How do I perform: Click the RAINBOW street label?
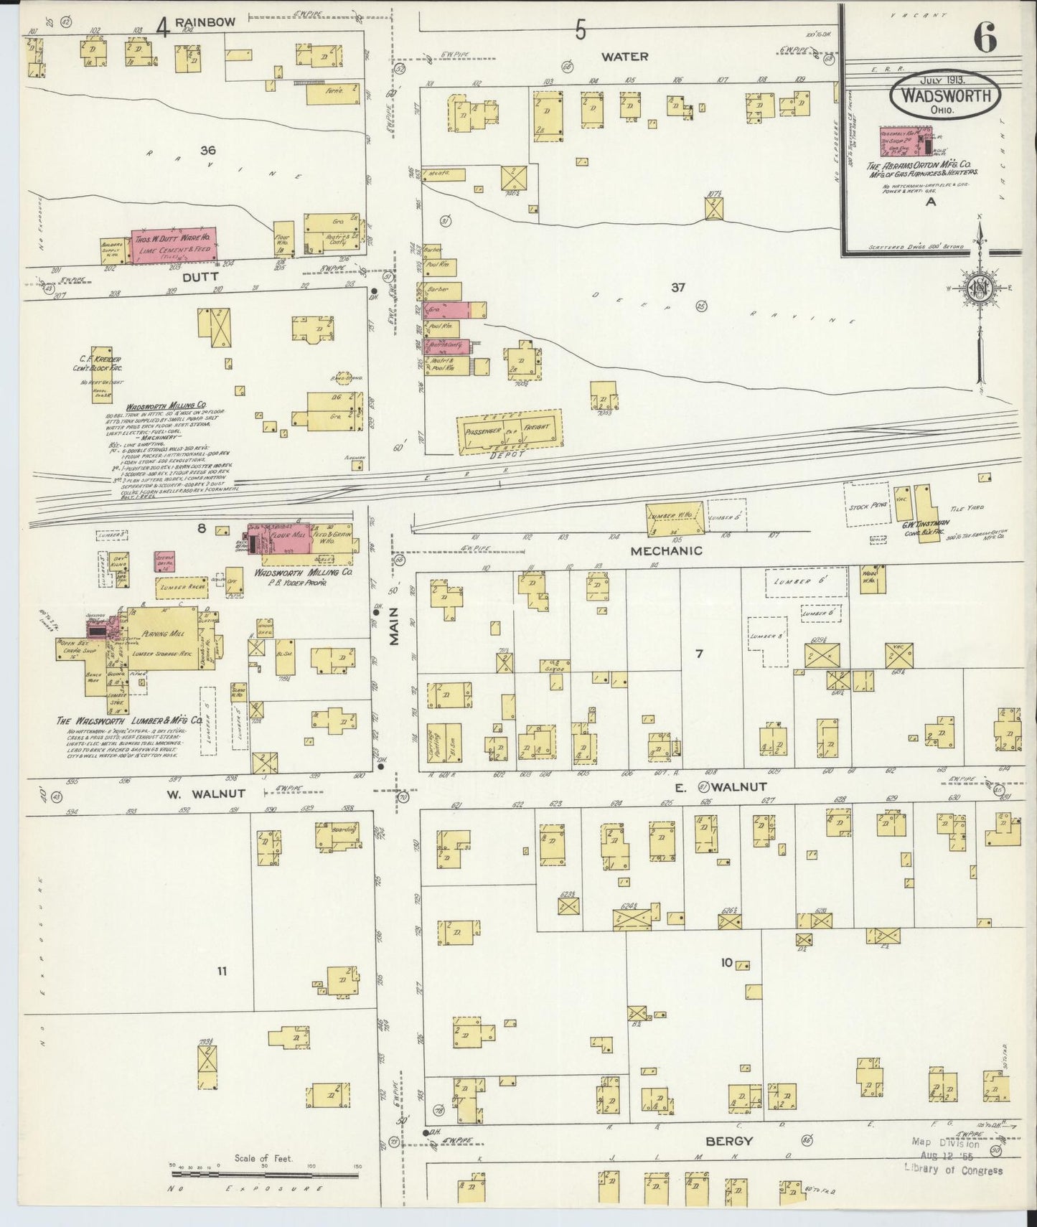point(205,22)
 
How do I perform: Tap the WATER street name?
point(624,56)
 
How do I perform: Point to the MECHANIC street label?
point(666,551)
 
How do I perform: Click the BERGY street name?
point(729,1140)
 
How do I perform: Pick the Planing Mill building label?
point(164,634)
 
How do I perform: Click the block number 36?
point(208,151)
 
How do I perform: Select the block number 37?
point(677,288)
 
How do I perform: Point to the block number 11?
point(222,971)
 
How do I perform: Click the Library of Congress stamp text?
point(953,1171)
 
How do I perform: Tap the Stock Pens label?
point(868,505)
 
